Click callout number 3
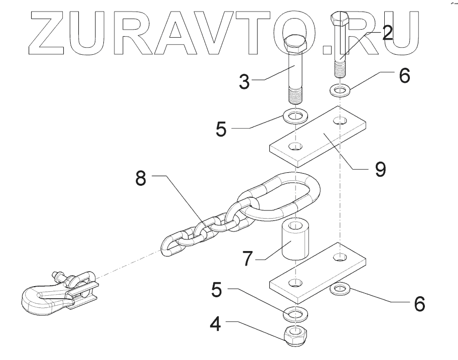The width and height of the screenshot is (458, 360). (244, 82)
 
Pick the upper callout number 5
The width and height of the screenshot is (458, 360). (221, 129)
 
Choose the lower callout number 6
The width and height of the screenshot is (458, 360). (418, 303)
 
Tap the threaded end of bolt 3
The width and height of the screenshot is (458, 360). (296, 94)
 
